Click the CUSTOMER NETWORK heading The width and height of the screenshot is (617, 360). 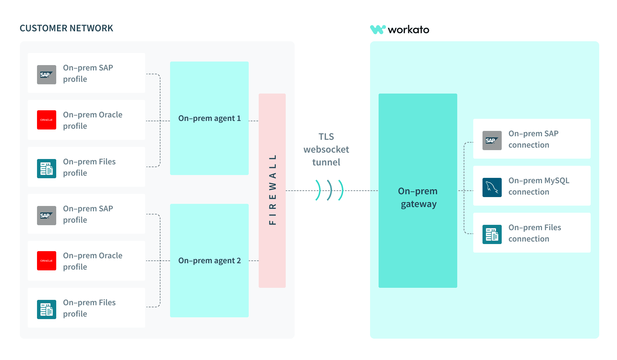(66, 28)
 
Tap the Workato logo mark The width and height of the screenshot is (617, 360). (378, 30)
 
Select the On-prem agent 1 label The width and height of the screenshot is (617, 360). (210, 118)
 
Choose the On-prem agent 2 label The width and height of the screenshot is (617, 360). (210, 261)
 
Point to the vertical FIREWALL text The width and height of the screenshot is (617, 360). (273, 190)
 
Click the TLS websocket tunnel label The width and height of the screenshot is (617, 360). (326, 149)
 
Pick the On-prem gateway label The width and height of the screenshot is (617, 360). (418, 197)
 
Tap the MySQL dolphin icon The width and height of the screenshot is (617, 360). (492, 187)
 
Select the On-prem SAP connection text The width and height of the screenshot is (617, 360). (533, 139)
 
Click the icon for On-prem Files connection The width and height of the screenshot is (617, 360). (492, 234)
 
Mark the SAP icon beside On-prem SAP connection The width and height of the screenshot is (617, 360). (492, 141)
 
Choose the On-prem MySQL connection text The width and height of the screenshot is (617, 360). (539, 186)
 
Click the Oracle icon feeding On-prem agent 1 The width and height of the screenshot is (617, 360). (47, 120)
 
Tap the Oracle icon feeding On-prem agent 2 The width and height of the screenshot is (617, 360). (47, 261)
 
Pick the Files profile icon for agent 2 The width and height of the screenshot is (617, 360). (47, 309)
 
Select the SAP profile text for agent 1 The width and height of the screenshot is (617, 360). (88, 73)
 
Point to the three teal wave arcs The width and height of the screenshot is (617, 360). (329, 190)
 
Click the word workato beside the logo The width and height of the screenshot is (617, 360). (408, 30)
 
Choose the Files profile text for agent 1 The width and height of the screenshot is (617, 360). (89, 167)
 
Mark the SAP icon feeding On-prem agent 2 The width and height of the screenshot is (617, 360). (47, 216)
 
